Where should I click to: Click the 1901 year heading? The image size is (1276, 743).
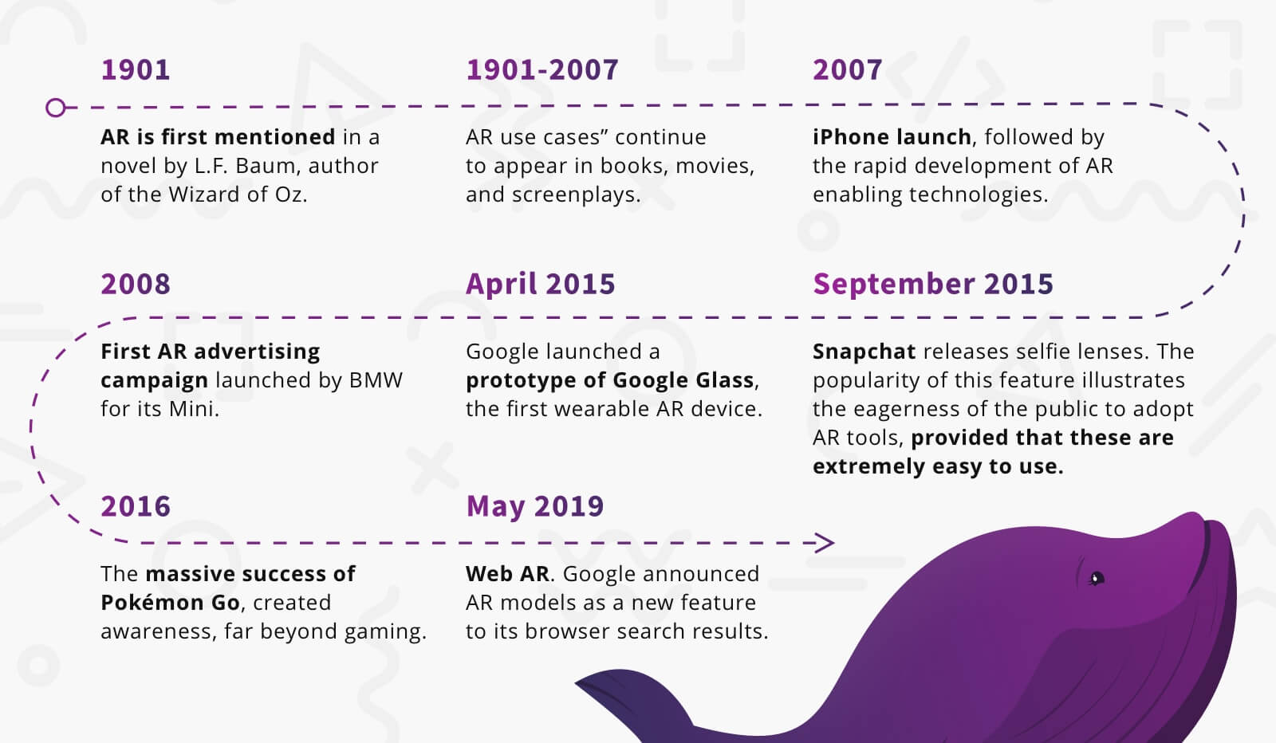pyautogui.click(x=135, y=70)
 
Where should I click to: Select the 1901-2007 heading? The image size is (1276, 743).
pyautogui.click(x=542, y=70)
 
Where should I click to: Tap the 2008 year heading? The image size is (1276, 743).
pyautogui.click(x=135, y=285)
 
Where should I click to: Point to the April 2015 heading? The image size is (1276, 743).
pyautogui.click(x=540, y=285)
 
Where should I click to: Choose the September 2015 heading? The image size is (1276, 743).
pyautogui.click(x=932, y=285)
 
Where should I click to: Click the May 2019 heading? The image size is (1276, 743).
pyautogui.click(x=534, y=507)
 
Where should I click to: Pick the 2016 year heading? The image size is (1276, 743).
pyautogui.click(x=135, y=507)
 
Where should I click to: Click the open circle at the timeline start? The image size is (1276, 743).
pyautogui.click(x=56, y=107)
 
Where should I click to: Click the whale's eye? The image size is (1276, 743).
pyautogui.click(x=1096, y=578)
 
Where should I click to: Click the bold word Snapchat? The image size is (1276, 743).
pyautogui.click(x=864, y=352)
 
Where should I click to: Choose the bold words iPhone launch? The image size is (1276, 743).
pyautogui.click(x=892, y=137)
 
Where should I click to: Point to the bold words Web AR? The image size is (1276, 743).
pyautogui.click(x=507, y=574)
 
